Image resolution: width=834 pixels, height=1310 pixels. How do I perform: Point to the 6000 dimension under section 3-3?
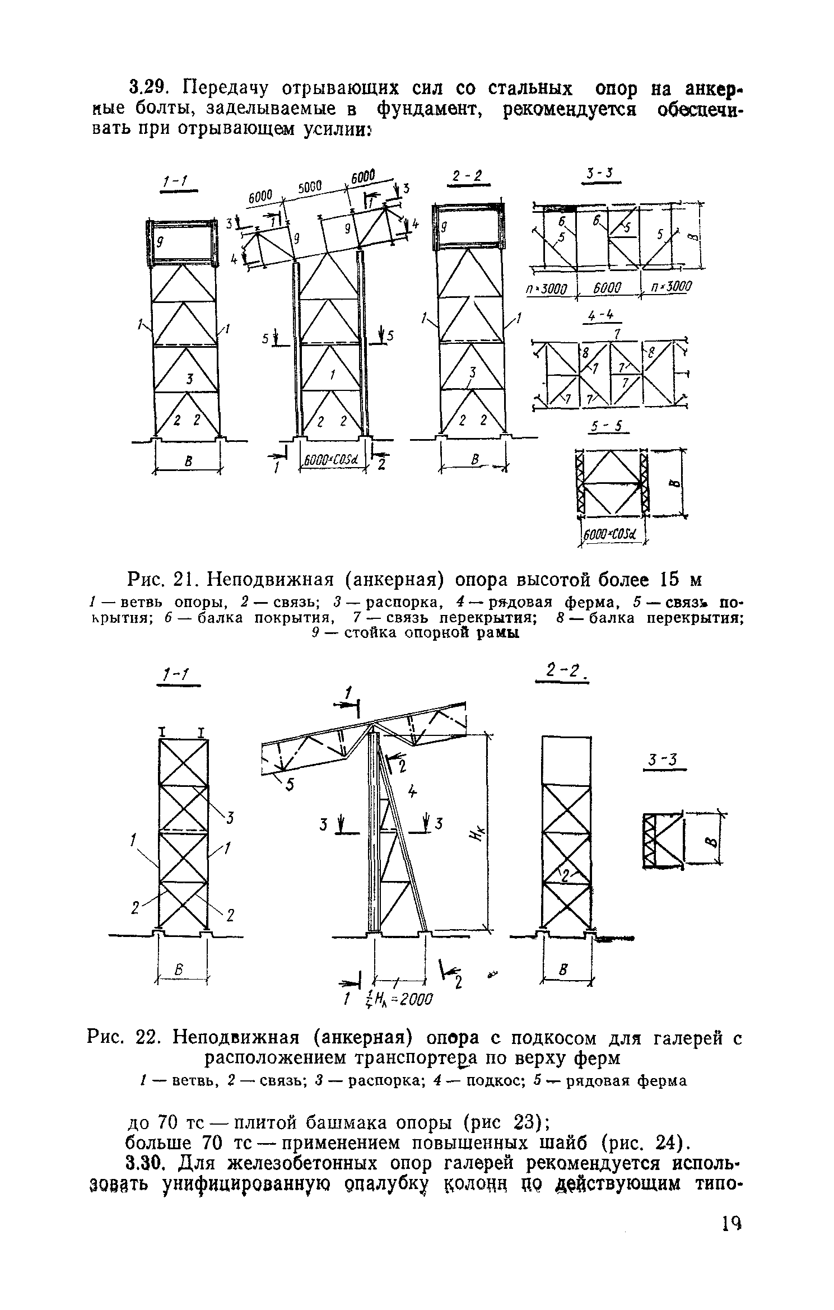607,289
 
